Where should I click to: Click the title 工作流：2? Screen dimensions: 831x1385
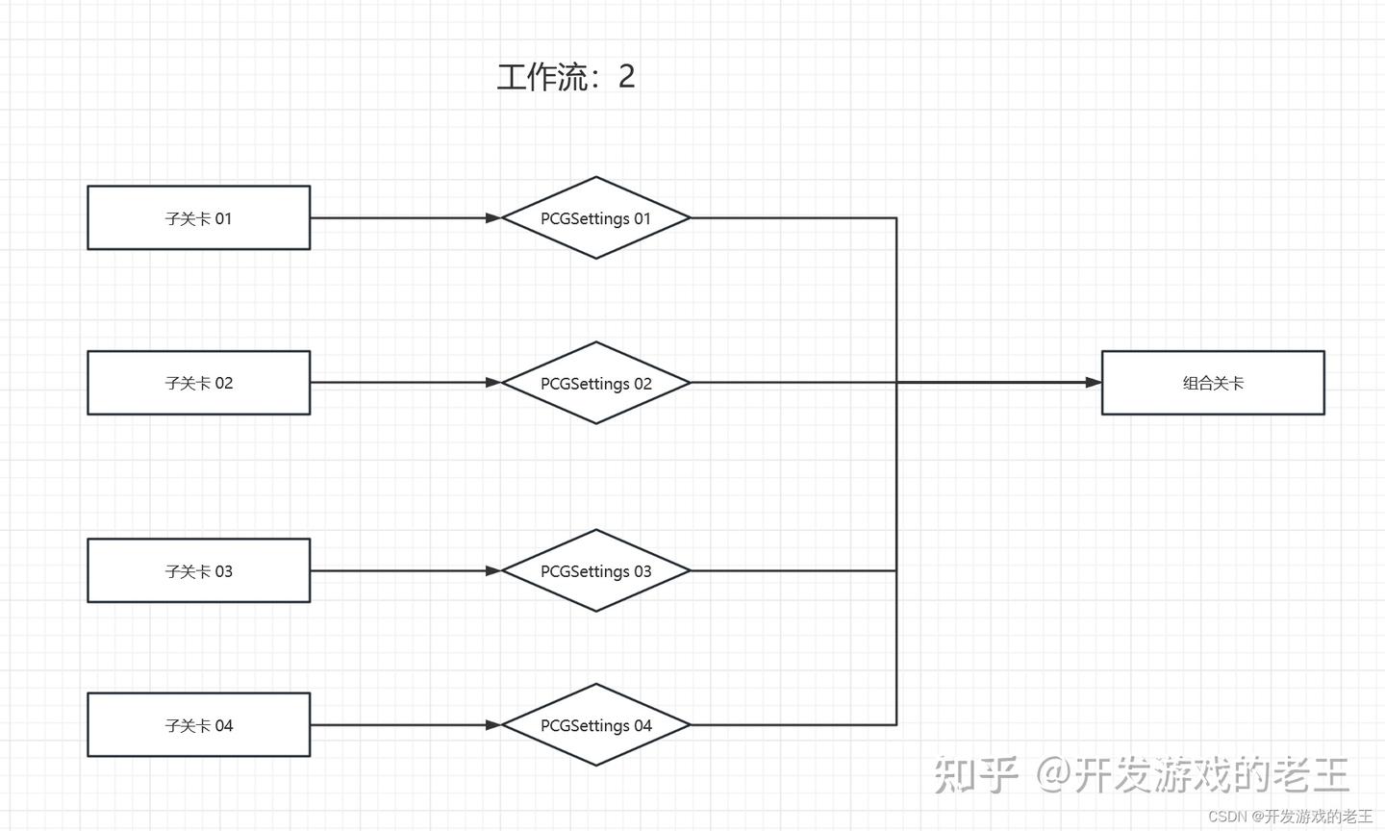[566, 77]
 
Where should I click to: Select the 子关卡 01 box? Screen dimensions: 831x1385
[199, 218]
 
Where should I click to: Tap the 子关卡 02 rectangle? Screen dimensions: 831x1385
[199, 383]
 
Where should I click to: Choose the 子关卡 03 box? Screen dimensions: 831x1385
[199, 571]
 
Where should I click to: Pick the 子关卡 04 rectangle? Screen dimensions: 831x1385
[199, 725]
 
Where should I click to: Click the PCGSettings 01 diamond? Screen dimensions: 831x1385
[596, 218]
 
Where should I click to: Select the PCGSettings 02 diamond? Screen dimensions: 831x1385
[596, 383]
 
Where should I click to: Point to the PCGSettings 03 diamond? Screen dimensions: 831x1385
[596, 571]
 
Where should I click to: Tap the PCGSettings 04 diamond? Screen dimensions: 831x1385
[596, 725]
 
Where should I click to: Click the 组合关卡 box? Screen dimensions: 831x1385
[1213, 383]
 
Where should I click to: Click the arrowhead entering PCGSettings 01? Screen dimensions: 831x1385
[493, 218]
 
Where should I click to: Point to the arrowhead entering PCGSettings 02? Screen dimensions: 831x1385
[493, 383]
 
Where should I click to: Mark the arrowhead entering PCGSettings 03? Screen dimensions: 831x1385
[493, 571]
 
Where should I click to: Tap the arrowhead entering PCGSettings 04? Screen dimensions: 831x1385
[493, 725]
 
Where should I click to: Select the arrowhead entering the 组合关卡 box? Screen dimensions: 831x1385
[1094, 383]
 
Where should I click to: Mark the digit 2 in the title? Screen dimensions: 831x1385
[626, 77]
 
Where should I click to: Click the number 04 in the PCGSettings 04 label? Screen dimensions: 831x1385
[642, 726]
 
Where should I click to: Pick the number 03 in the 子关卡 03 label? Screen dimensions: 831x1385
[223, 571]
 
